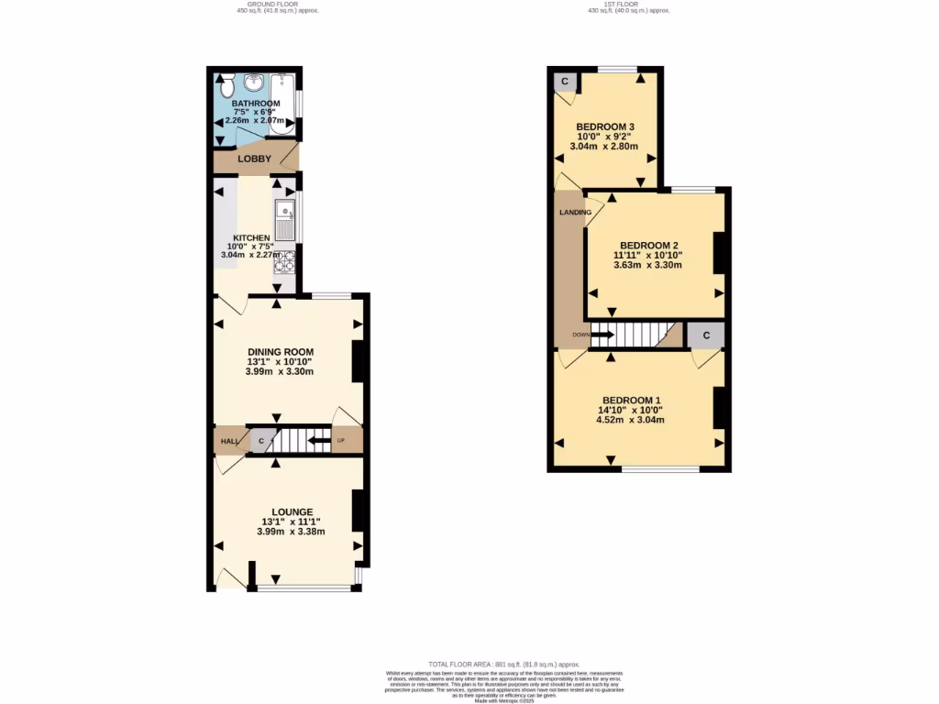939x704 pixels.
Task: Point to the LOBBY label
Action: click(x=254, y=159)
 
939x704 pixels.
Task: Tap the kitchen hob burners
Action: click(x=285, y=261)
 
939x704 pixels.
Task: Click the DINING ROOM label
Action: click(x=281, y=351)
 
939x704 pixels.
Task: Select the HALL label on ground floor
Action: click(x=229, y=442)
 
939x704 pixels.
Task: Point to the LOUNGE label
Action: click(x=292, y=511)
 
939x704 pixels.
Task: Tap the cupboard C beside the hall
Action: click(x=261, y=442)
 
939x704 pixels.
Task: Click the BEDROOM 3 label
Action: click(x=605, y=126)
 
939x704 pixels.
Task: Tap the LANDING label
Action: click(x=575, y=213)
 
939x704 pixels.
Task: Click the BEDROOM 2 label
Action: click(x=648, y=245)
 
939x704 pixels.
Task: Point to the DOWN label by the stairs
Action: click(x=580, y=335)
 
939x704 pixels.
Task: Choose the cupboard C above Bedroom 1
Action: click(x=705, y=335)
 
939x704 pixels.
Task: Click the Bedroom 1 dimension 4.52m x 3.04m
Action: click(x=630, y=420)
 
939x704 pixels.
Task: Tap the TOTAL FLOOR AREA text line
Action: click(x=503, y=664)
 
